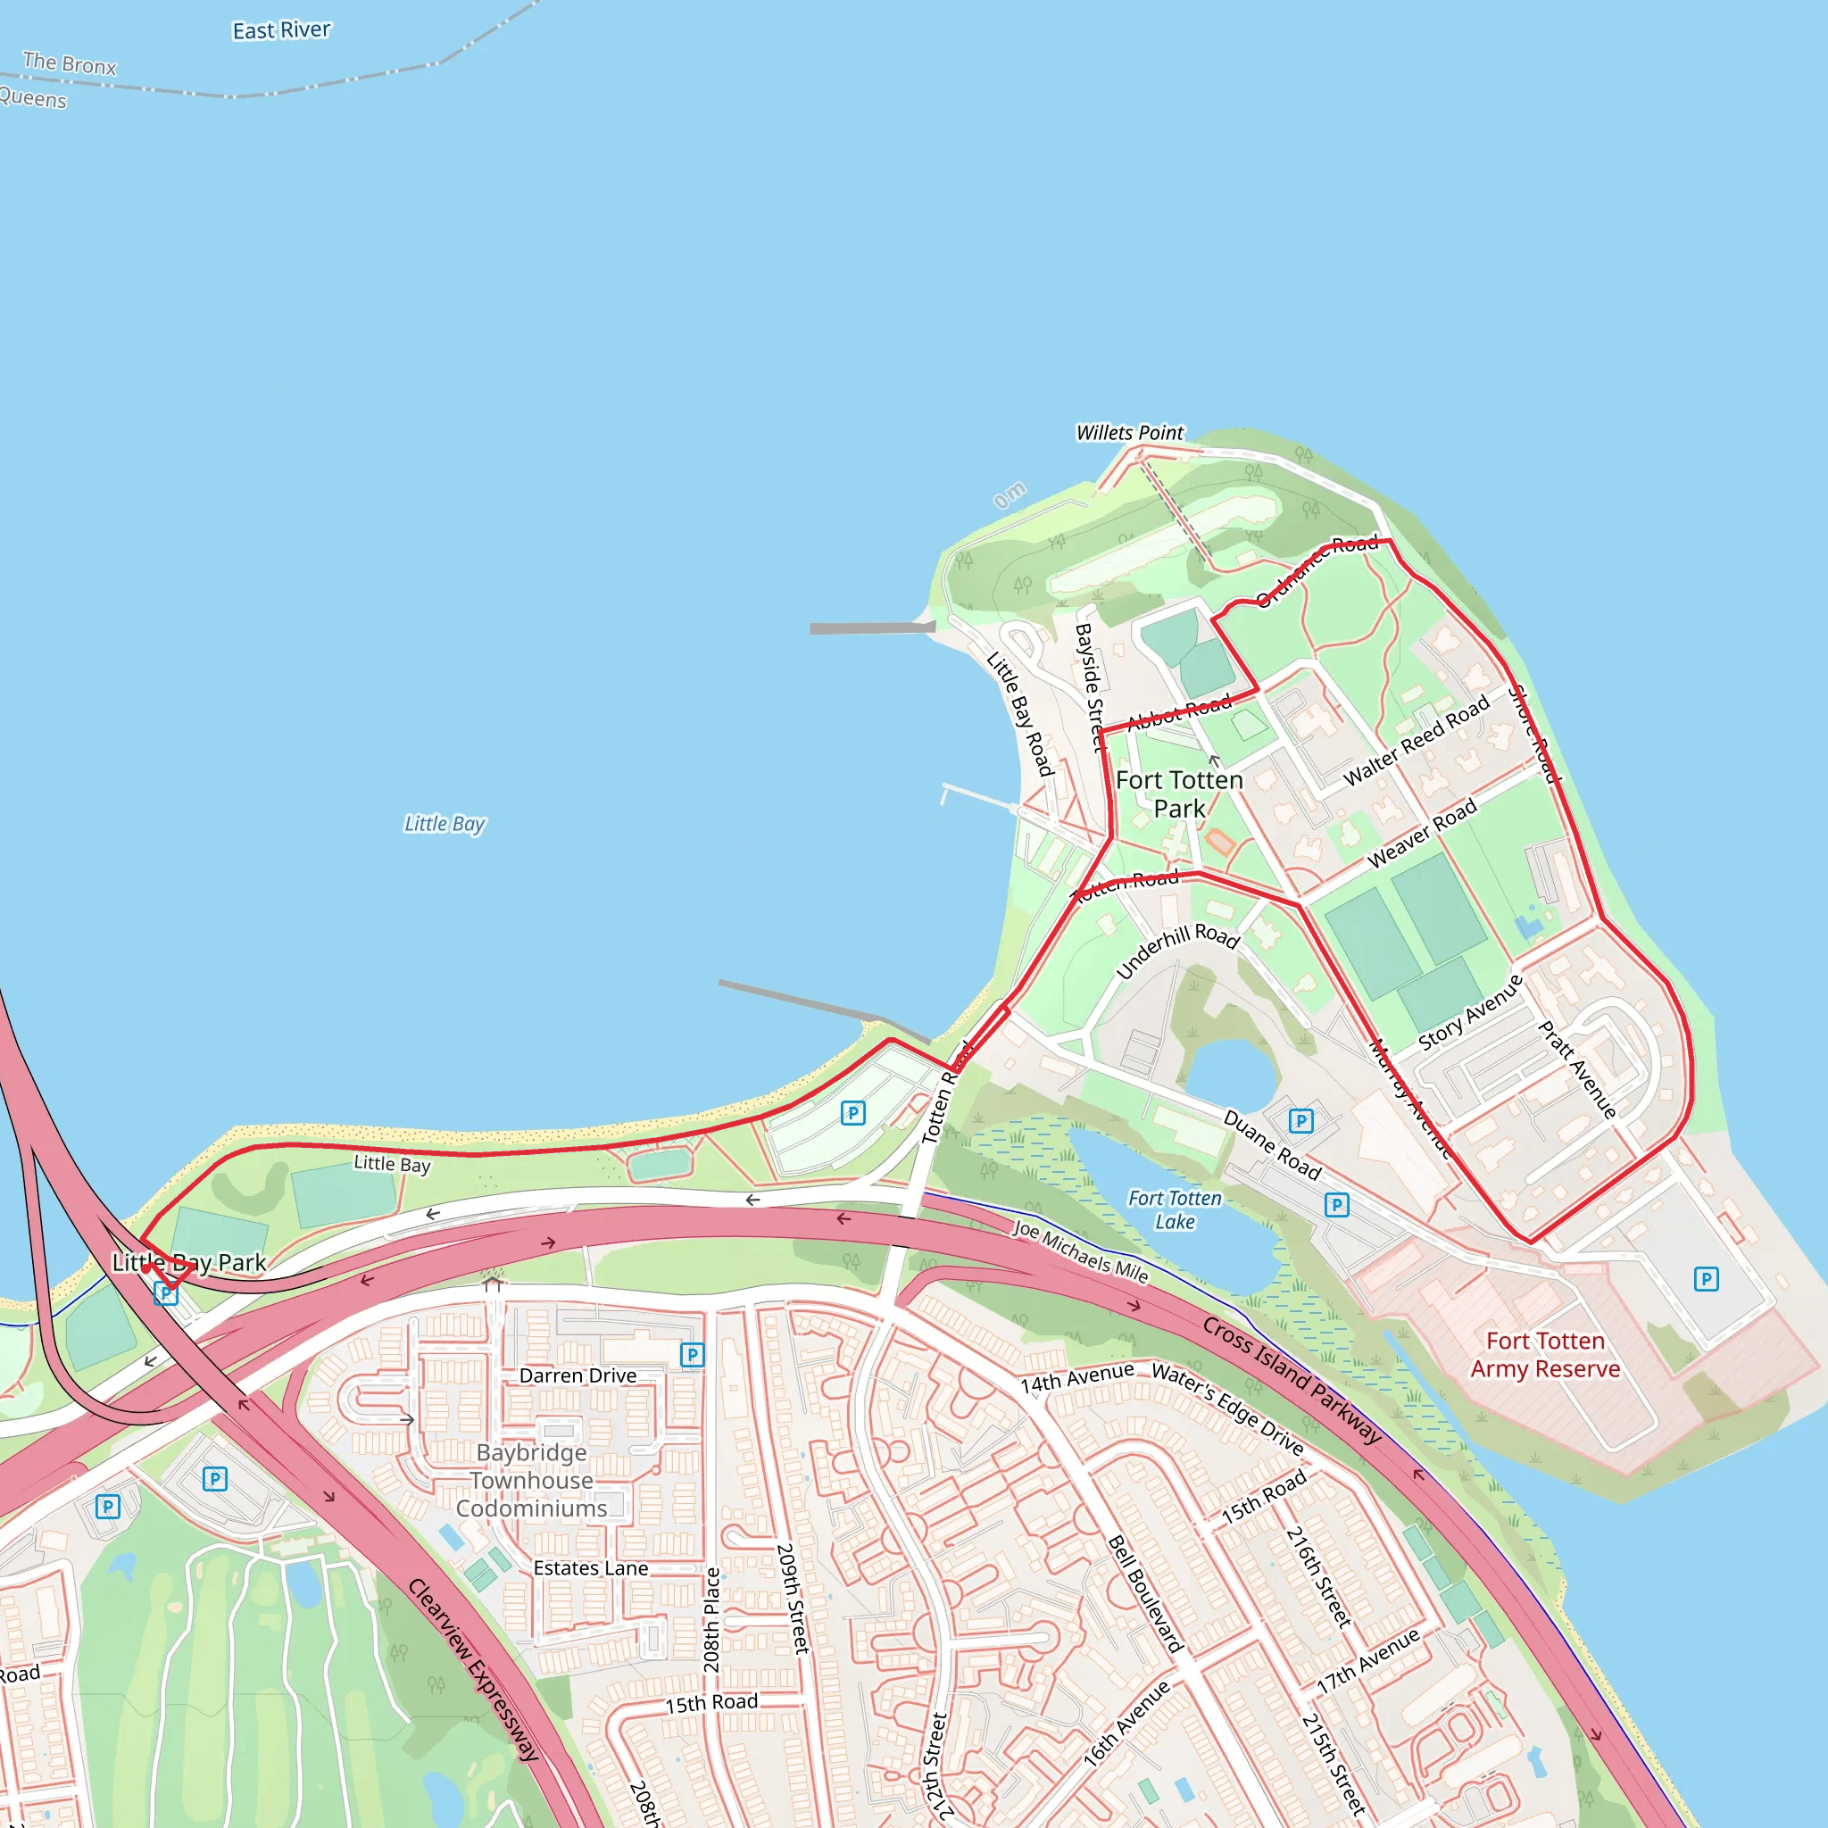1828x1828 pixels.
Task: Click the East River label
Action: tap(281, 30)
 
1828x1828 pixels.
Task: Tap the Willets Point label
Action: tap(1130, 432)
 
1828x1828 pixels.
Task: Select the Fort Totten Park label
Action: tap(1179, 794)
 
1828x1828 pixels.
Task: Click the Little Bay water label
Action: tap(445, 824)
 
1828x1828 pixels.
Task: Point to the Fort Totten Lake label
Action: tap(1176, 1210)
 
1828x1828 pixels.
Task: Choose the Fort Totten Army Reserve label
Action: tap(1545, 1355)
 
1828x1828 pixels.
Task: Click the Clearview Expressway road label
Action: tap(473, 1670)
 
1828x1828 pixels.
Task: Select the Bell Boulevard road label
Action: tap(1146, 1594)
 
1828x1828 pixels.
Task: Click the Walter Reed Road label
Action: tap(1417, 741)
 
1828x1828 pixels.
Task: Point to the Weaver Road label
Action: tap(1422, 834)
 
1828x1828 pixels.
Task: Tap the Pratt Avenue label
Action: tap(1576, 1070)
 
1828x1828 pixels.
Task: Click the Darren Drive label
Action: tap(577, 1375)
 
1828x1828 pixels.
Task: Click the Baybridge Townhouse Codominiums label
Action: tap(532, 1481)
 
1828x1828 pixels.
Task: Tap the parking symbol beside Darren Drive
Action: tap(693, 1355)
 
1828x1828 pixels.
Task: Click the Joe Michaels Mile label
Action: tap(1081, 1251)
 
